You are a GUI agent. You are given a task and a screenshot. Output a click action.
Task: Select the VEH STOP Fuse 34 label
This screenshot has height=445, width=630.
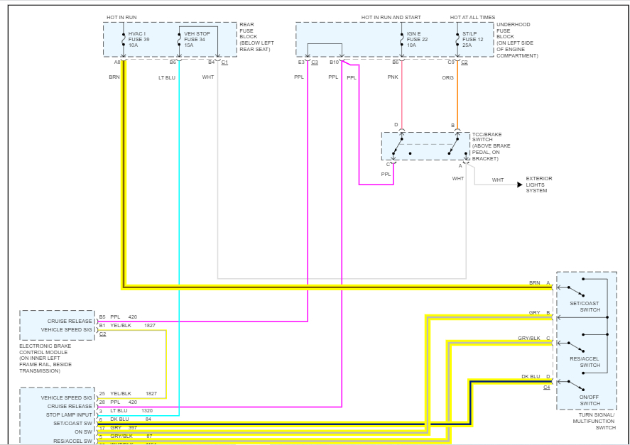[197, 39]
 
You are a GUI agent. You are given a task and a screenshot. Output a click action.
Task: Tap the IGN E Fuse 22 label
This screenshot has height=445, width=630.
[418, 39]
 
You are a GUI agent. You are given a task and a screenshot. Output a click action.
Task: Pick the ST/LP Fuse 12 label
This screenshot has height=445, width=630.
[473, 39]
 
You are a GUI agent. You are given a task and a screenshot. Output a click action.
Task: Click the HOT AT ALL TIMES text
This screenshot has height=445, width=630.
[473, 17]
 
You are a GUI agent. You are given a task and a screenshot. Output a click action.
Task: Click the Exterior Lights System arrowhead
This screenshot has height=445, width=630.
[520, 185]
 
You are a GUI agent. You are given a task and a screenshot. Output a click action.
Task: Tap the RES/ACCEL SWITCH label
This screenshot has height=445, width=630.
[590, 362]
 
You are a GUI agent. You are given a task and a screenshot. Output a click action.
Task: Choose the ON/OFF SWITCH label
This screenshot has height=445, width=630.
[590, 400]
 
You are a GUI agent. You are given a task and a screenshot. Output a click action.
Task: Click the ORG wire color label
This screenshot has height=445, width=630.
[447, 77]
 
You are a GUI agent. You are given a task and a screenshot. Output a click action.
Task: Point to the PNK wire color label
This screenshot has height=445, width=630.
[393, 77]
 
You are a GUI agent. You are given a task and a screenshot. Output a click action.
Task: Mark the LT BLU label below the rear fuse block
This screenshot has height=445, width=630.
[166, 77]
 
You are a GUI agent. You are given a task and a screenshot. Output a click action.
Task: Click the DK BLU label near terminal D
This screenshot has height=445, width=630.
[531, 376]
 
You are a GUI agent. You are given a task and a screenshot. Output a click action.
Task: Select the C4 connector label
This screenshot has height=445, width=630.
[547, 388]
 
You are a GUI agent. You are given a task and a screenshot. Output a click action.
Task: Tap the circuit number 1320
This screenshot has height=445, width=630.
[146, 411]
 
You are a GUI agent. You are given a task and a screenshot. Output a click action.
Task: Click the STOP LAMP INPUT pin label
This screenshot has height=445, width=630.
[70, 415]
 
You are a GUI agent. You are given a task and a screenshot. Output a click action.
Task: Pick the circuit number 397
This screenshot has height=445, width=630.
[132, 428]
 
